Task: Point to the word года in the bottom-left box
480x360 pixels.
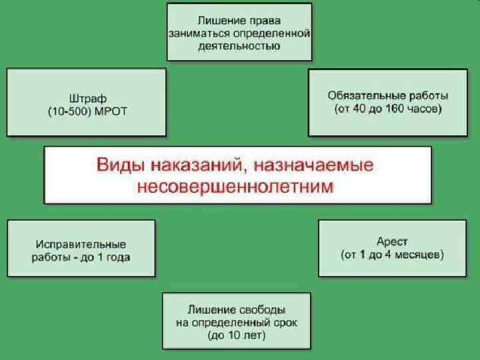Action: click(117, 257)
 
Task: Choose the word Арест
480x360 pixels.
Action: click(392, 241)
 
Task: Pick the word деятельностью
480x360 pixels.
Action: click(239, 46)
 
